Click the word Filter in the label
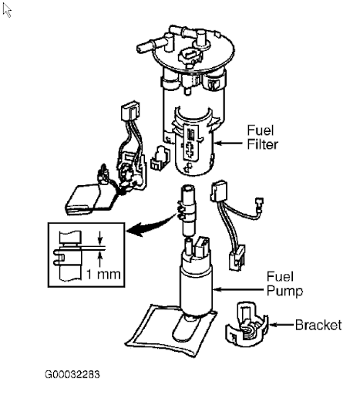tap(262, 144)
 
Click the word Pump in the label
tap(284, 291)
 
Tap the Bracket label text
tap(318, 325)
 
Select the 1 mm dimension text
tap(103, 274)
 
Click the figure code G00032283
tap(72, 374)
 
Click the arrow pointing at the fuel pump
tap(238, 289)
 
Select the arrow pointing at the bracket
tap(281, 325)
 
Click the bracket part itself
tap(247, 325)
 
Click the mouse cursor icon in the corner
tap(7, 11)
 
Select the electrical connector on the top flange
tap(189, 56)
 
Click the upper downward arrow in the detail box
tap(100, 238)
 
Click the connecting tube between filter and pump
tap(187, 210)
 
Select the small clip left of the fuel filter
tap(160, 158)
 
